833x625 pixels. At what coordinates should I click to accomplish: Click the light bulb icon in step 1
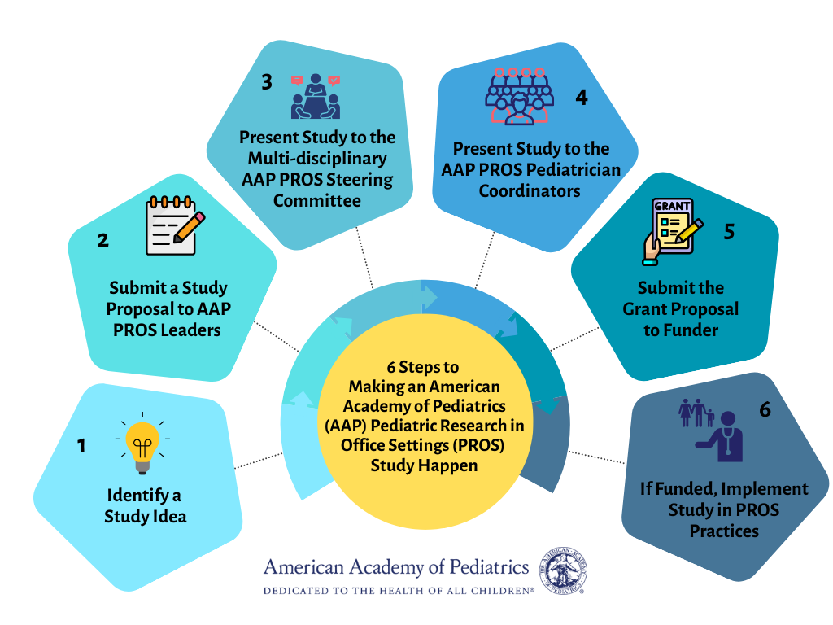pos(142,446)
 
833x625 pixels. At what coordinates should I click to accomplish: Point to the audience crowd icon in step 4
pos(519,96)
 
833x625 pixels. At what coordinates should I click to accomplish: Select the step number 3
pos(267,81)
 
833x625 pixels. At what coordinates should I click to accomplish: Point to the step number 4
pos(581,97)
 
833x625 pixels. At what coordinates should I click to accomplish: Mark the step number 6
pos(765,409)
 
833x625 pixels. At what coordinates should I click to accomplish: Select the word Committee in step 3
pos(316,199)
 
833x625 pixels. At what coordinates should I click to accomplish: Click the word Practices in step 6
pos(724,531)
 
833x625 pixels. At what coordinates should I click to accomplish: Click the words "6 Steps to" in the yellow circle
pos(423,367)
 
